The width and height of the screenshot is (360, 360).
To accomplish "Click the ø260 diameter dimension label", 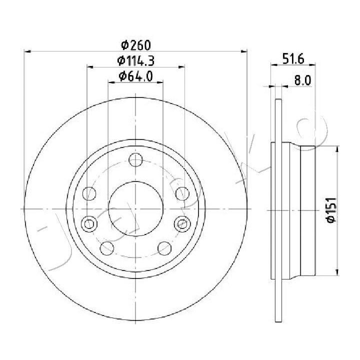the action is coord(136,45).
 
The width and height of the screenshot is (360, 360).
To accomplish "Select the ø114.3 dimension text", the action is coord(135,60).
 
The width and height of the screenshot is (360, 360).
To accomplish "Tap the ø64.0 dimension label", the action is coord(135,76).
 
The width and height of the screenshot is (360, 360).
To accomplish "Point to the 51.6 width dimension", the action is coord(293,58).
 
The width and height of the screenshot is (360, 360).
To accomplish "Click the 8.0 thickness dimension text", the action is coord(302,80).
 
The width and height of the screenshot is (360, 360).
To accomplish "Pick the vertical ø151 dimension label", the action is coord(331,209).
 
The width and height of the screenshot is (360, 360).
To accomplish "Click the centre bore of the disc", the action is coord(135,208).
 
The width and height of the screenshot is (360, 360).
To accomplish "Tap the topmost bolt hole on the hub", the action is coord(135,160).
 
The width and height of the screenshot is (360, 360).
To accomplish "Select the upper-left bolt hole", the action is coord(89,193).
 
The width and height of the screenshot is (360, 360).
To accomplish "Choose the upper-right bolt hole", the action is coord(182,193).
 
